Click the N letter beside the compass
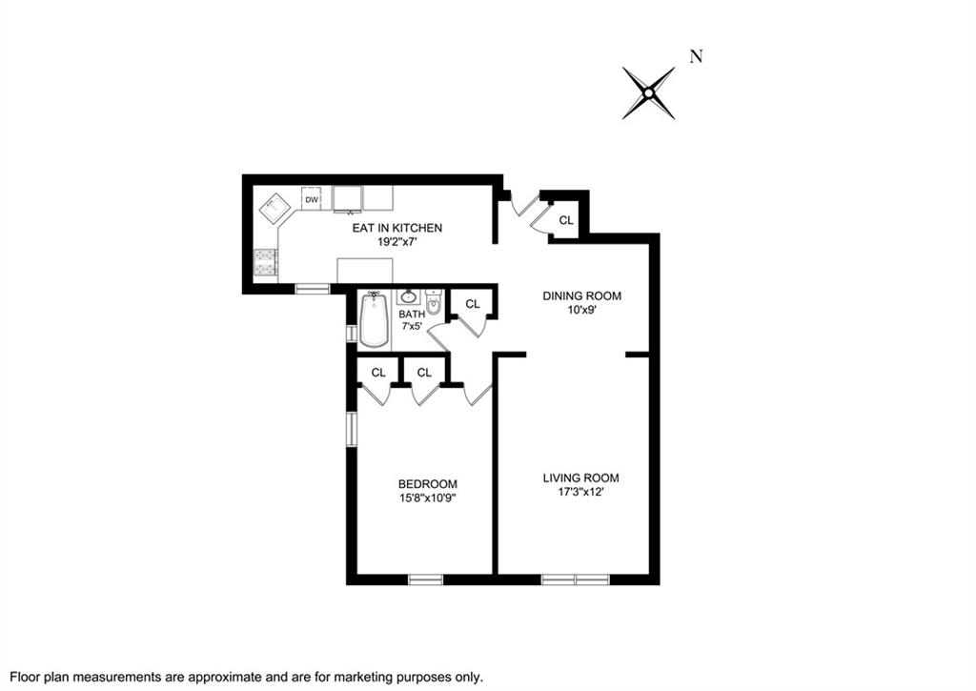[696, 56]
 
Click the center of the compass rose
[648, 92]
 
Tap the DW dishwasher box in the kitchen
[312, 199]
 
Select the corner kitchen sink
[276, 208]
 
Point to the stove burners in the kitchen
[265, 262]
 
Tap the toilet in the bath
[434, 306]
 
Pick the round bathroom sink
[408, 296]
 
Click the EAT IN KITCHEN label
[397, 228]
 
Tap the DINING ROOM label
[581, 296]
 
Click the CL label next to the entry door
[566, 220]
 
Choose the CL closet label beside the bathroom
[472, 304]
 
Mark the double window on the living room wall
[576, 579]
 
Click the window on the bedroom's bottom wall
[426, 579]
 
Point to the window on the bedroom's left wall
[352, 429]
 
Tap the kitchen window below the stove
[312, 288]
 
